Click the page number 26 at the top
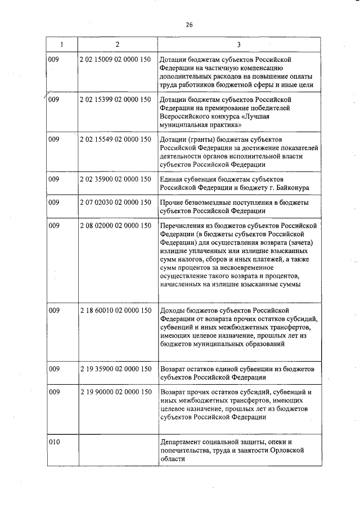189,24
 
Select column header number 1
62,44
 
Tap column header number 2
117,44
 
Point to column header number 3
239,44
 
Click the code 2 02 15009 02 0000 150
115,58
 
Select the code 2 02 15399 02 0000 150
115,100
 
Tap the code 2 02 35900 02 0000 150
115,179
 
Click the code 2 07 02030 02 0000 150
115,202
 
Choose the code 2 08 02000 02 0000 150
115,226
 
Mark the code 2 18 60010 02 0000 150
115,310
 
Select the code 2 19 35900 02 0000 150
115,369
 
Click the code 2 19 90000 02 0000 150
115,391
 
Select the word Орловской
287,451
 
